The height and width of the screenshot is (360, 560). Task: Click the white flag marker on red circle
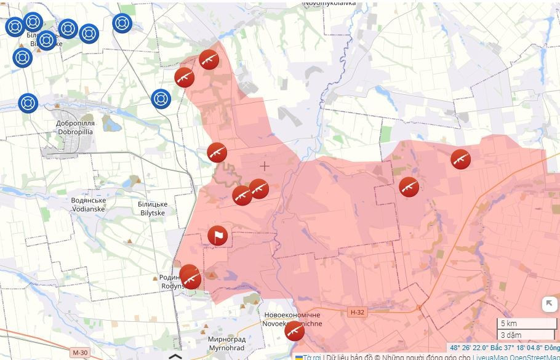[x=217, y=236]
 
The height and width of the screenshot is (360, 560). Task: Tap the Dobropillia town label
[x=75, y=127]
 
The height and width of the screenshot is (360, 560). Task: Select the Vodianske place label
[x=88, y=204]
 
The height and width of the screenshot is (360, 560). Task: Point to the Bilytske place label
[x=153, y=208]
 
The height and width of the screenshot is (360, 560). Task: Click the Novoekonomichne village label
[x=292, y=319]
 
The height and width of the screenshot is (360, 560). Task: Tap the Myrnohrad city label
[x=226, y=343]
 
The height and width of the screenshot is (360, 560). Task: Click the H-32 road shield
[x=357, y=312]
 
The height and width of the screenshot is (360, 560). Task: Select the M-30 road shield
[x=79, y=353]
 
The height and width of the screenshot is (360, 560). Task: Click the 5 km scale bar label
[x=509, y=324]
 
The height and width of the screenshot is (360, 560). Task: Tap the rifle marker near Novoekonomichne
[x=295, y=331]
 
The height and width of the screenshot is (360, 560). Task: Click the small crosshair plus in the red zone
[x=265, y=166]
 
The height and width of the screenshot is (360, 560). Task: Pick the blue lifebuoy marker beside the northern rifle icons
[x=161, y=98]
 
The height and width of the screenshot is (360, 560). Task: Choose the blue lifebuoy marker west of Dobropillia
[x=28, y=103]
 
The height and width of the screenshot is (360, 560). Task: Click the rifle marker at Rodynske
[x=190, y=278]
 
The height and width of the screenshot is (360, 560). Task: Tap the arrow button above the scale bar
[x=550, y=304]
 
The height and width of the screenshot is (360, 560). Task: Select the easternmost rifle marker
[x=460, y=159]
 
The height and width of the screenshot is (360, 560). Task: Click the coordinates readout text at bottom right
[x=504, y=348]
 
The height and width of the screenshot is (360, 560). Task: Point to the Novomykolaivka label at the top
[x=330, y=3]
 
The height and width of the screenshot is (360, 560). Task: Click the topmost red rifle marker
[x=209, y=60]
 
